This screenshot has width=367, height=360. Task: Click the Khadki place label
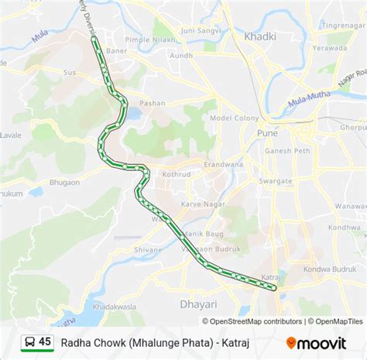[260, 36]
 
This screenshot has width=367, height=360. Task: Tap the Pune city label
[268, 133]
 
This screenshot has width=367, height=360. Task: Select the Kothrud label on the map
[176, 174]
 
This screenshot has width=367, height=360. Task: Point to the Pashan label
[152, 103]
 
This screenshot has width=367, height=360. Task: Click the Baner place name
[116, 51]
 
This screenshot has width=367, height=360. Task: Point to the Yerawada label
[331, 47]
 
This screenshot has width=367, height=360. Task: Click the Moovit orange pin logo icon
[291, 342]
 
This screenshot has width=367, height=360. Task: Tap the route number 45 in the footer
[45, 341]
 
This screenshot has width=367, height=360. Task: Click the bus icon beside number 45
[29, 341]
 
